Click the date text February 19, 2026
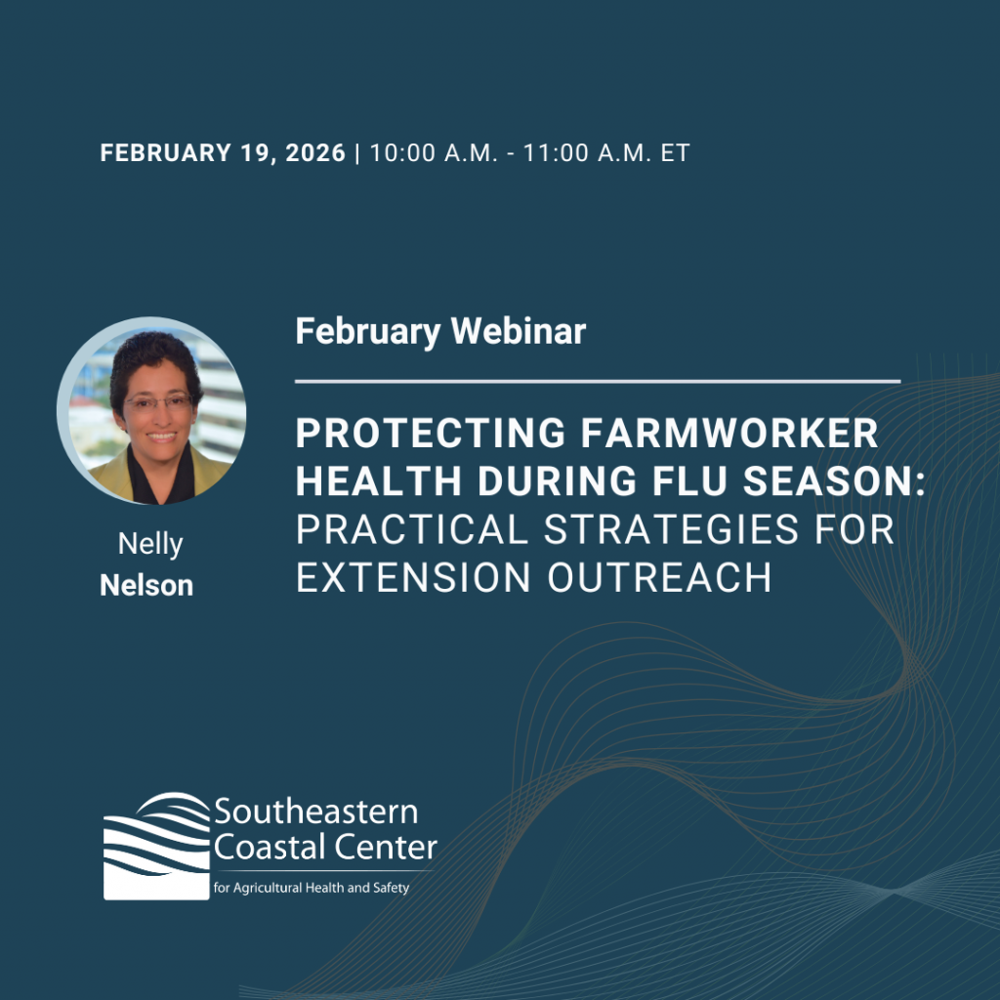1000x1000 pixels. pyautogui.click(x=223, y=153)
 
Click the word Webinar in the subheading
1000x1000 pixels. pyautogui.click(x=518, y=332)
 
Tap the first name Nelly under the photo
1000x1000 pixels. pyautogui.click(x=150, y=544)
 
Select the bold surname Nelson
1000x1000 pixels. pyautogui.click(x=146, y=585)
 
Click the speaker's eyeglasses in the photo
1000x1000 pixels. pyautogui.click(x=158, y=401)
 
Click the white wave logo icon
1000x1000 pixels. pyautogui.click(x=156, y=845)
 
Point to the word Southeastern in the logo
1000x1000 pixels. pyautogui.click(x=315, y=812)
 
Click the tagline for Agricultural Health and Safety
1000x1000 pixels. pyautogui.click(x=311, y=888)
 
